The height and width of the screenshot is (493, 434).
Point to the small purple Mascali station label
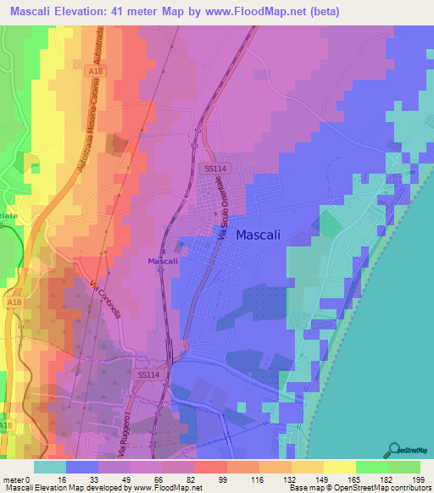pos(163,261)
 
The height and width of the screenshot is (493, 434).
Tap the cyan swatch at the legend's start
pos(50,467)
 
